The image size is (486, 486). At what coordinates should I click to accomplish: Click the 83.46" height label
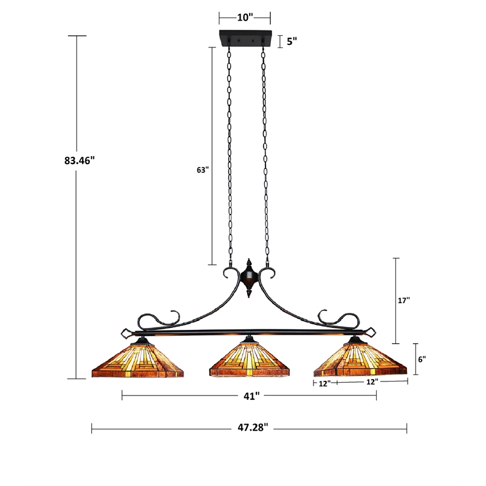click(79, 161)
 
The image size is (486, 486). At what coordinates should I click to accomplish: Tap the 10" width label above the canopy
click(244, 18)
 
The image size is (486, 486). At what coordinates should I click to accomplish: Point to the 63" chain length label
click(202, 171)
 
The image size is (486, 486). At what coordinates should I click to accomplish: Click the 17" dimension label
click(403, 300)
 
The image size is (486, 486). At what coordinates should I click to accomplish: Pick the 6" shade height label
click(421, 359)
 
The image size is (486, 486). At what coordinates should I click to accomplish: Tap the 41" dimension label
click(248, 395)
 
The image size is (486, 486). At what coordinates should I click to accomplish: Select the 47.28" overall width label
click(249, 428)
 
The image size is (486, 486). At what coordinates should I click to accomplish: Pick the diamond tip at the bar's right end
click(372, 332)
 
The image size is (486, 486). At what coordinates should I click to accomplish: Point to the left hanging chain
click(230, 152)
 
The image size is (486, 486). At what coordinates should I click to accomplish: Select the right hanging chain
click(265, 152)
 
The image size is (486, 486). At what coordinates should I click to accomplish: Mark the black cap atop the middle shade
click(248, 339)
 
